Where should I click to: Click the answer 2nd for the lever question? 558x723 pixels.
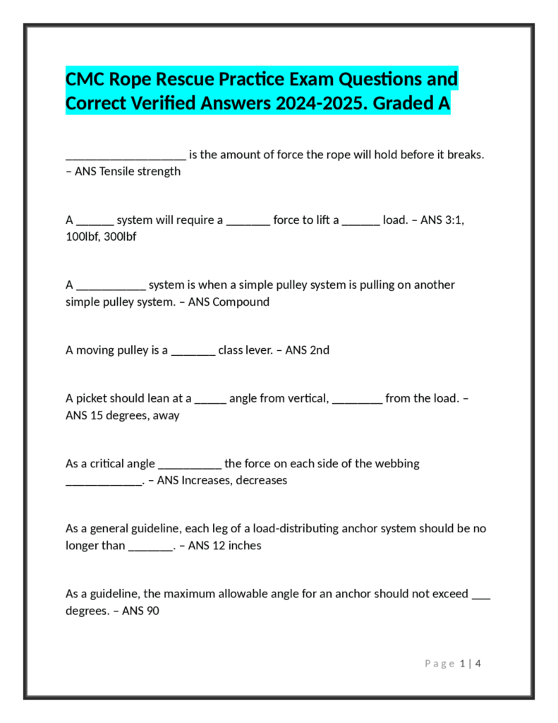click(x=320, y=349)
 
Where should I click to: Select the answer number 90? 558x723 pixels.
click(x=152, y=611)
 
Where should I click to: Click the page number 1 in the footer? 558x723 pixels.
click(x=463, y=663)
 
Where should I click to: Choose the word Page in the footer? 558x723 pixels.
click(x=439, y=663)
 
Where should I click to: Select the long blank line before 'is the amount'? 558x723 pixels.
click(x=126, y=155)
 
